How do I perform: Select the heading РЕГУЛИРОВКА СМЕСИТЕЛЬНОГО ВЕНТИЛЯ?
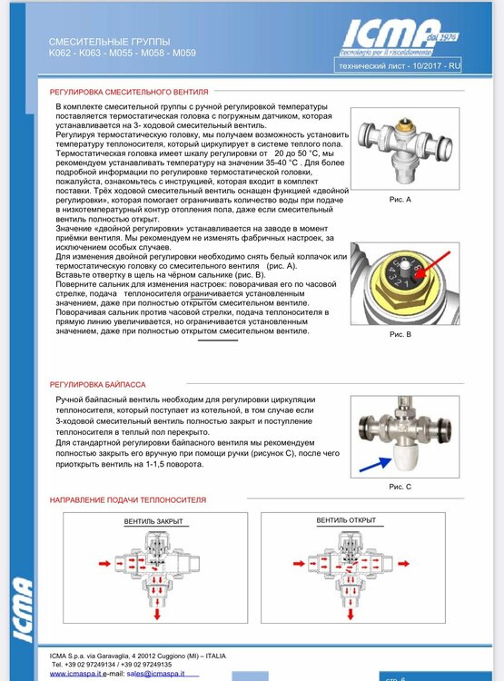point(129,92)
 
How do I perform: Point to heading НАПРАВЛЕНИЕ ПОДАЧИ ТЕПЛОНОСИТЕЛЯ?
point(127,499)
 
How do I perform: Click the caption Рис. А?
point(400,198)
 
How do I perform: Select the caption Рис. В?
point(400,335)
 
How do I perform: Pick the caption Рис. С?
point(400,487)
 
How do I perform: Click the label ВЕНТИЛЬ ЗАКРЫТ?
point(153,521)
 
